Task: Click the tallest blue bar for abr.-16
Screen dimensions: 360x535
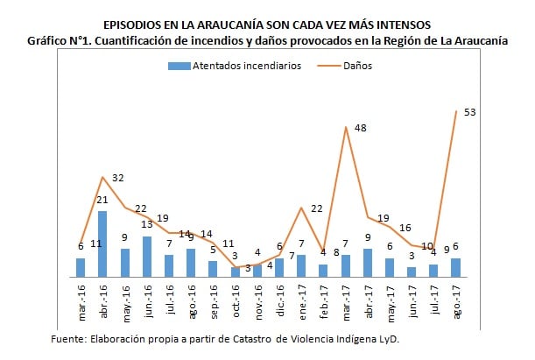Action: tap(102, 244)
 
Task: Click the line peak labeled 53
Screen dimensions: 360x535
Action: tap(456, 111)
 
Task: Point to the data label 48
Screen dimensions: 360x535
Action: tap(359, 129)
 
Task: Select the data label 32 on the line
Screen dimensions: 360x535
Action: tap(117, 178)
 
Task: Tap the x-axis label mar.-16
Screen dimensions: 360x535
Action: tap(81, 303)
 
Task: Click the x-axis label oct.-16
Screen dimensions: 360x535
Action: tap(236, 303)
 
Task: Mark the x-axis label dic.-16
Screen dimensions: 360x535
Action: tap(279, 303)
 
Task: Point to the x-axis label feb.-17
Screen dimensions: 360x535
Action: tap(323, 303)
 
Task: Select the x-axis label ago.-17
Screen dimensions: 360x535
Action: tap(456, 303)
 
